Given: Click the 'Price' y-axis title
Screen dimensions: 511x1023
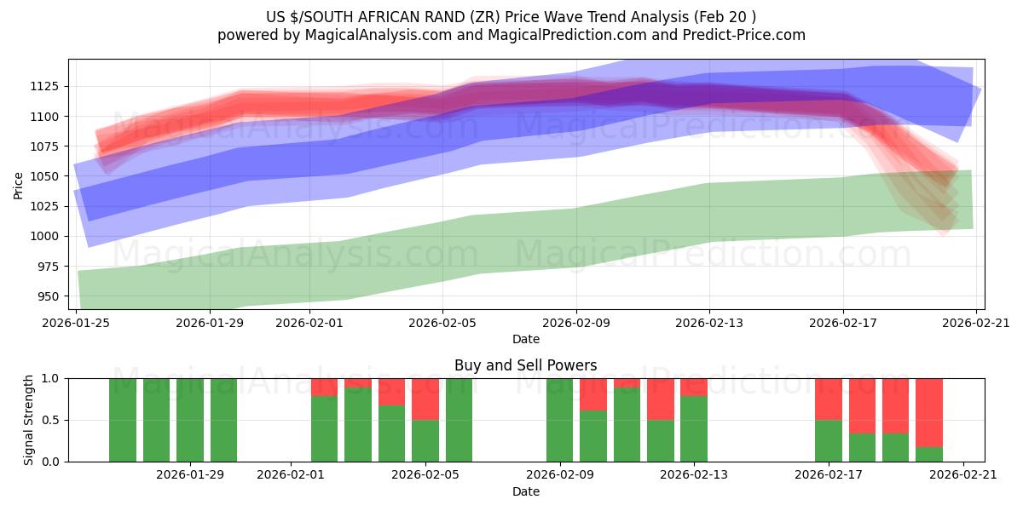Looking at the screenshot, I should [x=19, y=184].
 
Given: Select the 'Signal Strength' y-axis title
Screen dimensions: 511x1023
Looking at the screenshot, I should [x=29, y=420].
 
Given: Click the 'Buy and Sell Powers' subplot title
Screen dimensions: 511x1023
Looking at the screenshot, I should [x=525, y=365].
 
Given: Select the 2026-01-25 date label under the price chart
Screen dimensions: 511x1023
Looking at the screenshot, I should [x=77, y=322].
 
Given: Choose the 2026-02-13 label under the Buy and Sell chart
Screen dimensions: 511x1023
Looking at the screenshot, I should [x=694, y=474].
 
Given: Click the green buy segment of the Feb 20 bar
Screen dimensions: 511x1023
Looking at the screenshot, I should [x=929, y=454].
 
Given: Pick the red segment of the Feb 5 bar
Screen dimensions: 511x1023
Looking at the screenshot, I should [x=425, y=399].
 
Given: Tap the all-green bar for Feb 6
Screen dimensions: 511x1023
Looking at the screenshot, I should [x=459, y=420].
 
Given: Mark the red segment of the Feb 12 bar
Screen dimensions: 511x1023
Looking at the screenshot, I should [x=661, y=399].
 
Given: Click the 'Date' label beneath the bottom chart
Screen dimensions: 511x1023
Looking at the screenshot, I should [x=525, y=491].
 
